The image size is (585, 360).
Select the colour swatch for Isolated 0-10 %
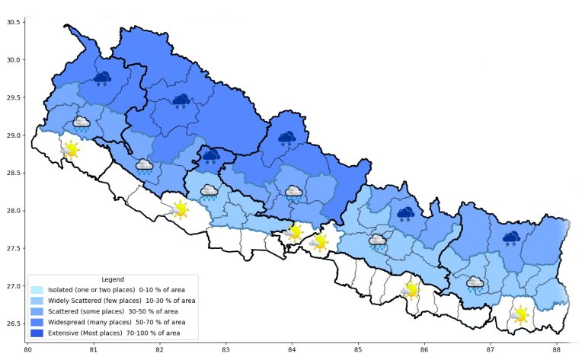tap(37, 290)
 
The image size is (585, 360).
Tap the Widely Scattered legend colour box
tap(37, 301)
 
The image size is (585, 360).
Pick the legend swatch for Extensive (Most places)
tap(37, 333)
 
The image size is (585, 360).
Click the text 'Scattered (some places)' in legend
tap(113, 311)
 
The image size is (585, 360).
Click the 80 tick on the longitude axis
tap(27, 349)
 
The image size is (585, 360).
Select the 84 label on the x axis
tap(292, 349)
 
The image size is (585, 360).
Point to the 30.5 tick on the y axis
tap(13, 22)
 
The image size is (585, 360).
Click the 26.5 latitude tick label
tap(13, 324)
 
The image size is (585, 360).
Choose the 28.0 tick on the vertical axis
tap(13, 211)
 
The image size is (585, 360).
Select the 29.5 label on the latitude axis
tap(13, 97)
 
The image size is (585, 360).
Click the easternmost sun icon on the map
tap(520, 314)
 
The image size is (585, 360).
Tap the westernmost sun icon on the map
tap(70, 149)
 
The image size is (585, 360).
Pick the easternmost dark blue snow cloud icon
tap(510, 239)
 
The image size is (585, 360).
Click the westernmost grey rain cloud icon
tap(82, 123)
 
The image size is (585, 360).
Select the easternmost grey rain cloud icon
tap(475, 284)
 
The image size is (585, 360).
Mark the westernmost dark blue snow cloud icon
tap(102, 78)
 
